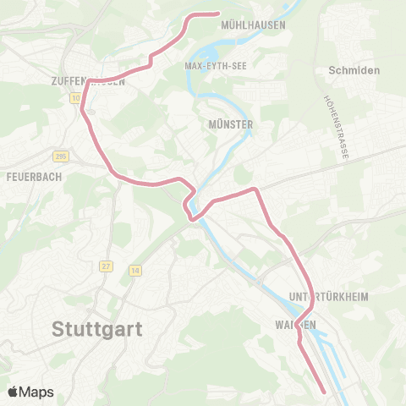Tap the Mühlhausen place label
point(252,25)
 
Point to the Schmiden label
point(356,70)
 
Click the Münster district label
point(230,123)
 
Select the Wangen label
point(295,325)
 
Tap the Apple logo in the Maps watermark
point(14,392)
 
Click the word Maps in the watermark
point(36,392)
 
